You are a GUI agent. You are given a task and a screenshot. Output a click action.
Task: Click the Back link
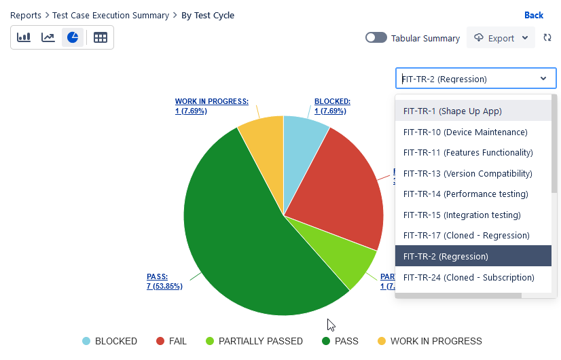pyautogui.click(x=533, y=16)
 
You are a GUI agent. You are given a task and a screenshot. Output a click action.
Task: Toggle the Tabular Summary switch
pyautogui.click(x=376, y=38)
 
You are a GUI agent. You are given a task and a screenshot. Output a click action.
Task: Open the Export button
pyautogui.click(x=501, y=38)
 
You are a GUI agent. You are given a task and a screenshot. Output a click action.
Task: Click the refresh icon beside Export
pyautogui.click(x=547, y=38)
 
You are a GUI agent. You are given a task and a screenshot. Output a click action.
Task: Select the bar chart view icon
pyautogui.click(x=24, y=37)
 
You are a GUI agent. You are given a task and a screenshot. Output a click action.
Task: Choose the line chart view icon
pyautogui.click(x=48, y=37)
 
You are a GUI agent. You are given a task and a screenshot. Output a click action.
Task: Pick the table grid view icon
pyautogui.click(x=101, y=37)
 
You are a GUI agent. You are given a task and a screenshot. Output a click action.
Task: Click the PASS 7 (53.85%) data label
pyautogui.click(x=164, y=281)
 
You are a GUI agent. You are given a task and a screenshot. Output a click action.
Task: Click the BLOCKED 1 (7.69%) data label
pyautogui.click(x=332, y=106)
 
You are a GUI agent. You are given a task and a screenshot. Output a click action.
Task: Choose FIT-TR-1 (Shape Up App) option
pyautogui.click(x=452, y=111)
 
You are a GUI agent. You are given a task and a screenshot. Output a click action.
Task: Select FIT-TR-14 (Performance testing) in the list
pyautogui.click(x=465, y=194)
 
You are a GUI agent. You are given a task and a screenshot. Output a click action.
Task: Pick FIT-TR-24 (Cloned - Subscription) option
pyautogui.click(x=469, y=277)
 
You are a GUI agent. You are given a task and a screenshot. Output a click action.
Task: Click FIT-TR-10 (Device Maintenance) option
pyautogui.click(x=465, y=132)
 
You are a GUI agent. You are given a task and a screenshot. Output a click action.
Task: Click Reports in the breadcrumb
pyautogui.click(x=25, y=16)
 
